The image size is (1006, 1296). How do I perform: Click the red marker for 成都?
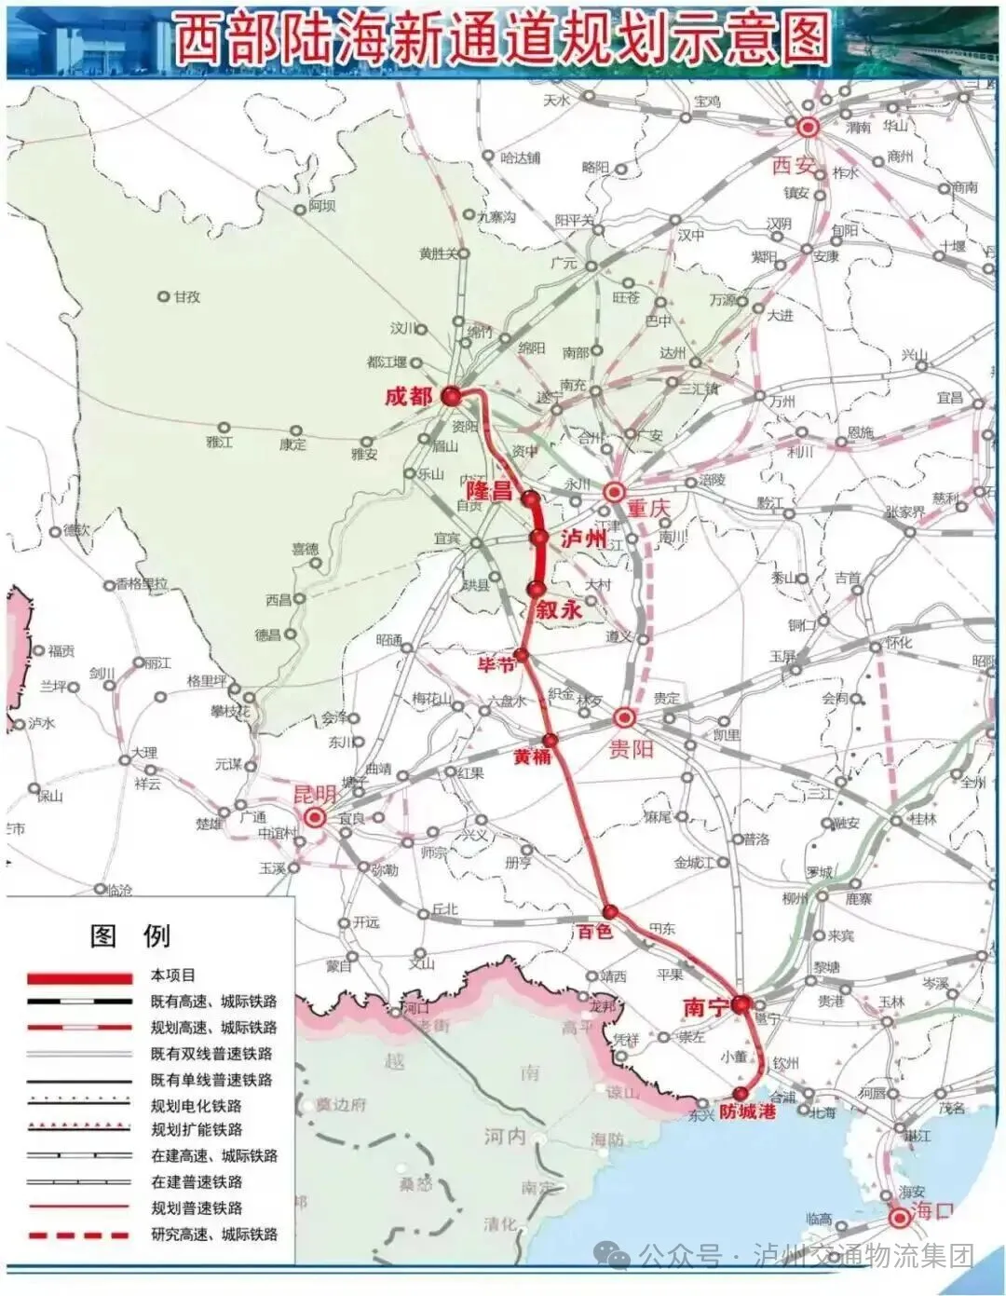click(x=452, y=396)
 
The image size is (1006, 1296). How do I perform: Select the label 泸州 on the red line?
click(x=583, y=539)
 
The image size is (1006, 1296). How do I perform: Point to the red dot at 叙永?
click(x=536, y=589)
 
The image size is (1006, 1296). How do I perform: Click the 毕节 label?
click(x=496, y=664)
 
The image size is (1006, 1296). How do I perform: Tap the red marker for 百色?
click(x=610, y=911)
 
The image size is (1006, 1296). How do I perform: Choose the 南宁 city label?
click(x=705, y=1008)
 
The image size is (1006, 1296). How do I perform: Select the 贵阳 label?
click(x=632, y=748)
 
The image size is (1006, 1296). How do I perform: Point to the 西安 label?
click(x=794, y=165)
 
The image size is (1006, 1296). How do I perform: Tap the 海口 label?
click(x=933, y=1211)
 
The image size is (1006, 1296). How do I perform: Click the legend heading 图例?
click(x=129, y=935)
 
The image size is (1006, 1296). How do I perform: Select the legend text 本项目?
click(x=173, y=975)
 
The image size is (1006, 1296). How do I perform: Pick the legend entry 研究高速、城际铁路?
click(x=214, y=1235)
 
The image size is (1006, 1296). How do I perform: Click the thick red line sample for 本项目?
click(x=79, y=978)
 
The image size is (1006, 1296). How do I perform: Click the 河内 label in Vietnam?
click(x=505, y=1137)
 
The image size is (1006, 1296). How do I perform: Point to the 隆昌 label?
click(x=490, y=490)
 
